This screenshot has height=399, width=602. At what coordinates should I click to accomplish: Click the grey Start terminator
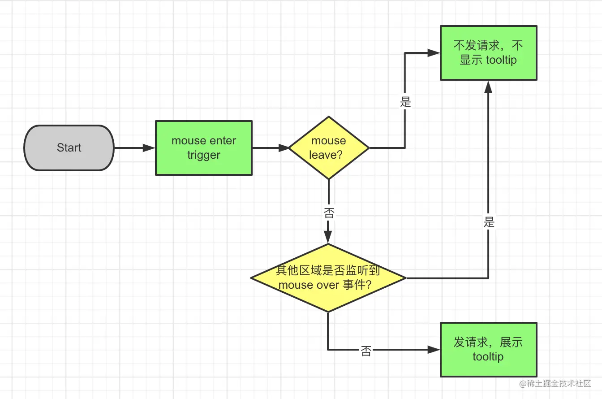tap(69, 148)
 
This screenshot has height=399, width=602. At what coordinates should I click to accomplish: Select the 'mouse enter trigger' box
tap(203, 148)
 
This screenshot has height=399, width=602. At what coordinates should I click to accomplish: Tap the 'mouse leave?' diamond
tap(329, 148)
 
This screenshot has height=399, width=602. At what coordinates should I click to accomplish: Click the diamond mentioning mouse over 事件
tap(328, 278)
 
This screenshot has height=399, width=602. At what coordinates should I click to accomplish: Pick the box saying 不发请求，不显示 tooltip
tap(488, 53)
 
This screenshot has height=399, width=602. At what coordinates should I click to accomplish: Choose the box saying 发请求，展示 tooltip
tap(488, 350)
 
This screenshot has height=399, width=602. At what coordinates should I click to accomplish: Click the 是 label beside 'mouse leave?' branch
tap(405, 102)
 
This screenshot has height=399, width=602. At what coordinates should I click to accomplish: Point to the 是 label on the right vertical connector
tap(489, 222)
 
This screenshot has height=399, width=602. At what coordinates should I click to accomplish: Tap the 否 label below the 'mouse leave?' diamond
tap(329, 213)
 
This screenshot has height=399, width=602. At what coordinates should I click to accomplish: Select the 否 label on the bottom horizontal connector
tap(366, 351)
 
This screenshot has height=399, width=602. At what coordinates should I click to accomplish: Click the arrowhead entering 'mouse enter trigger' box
tap(149, 148)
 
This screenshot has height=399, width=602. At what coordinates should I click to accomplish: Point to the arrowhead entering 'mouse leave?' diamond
tap(284, 148)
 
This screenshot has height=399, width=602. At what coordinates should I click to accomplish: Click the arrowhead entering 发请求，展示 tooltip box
tap(434, 350)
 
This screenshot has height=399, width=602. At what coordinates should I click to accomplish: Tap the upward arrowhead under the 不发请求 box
tap(488, 87)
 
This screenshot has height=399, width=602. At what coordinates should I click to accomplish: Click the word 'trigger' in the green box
tap(204, 155)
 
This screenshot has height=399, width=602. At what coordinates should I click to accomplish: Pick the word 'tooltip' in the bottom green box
tap(488, 357)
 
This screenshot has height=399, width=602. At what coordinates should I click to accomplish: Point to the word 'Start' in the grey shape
tap(69, 148)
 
